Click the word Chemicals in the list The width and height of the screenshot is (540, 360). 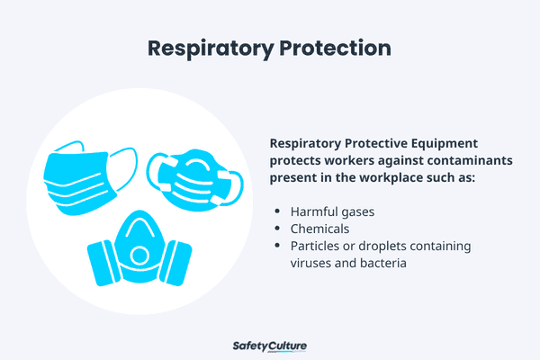tap(319, 229)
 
